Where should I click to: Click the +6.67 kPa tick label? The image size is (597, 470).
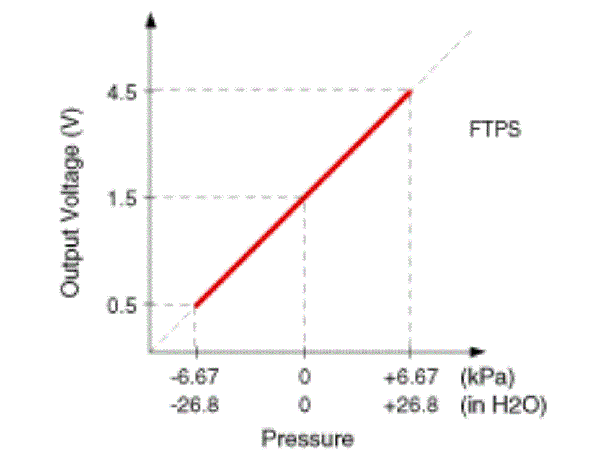[410, 378]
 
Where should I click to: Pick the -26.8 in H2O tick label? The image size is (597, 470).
[195, 405]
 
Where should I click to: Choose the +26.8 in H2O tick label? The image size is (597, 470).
[410, 405]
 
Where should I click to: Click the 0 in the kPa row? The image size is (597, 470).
[304, 378]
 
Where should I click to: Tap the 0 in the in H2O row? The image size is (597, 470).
[304, 405]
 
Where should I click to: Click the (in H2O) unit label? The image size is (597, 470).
[503, 405]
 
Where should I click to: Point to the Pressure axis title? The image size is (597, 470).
[308, 438]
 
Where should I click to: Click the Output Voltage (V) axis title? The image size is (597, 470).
[69, 203]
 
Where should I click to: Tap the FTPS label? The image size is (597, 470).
[495, 130]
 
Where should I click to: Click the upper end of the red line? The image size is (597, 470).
[410, 92]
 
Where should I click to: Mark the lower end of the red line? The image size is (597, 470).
[197, 304]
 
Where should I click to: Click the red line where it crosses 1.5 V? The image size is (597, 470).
[304, 197]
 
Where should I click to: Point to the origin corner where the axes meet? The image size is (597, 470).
[151, 352]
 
